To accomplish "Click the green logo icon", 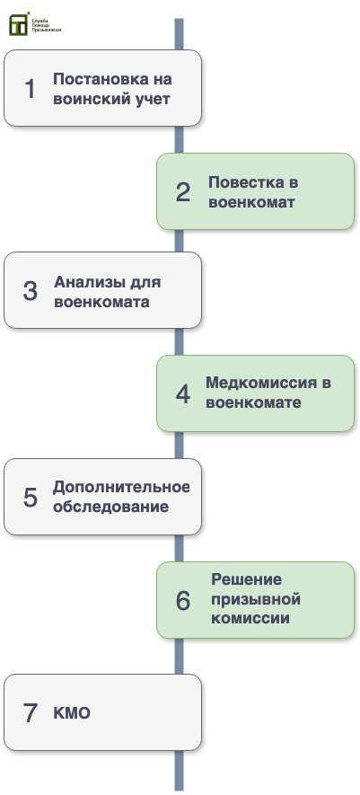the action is [x=19, y=24].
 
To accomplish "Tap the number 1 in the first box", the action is [x=31, y=89].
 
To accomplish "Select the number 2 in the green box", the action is [x=183, y=192].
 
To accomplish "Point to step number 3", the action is [x=31, y=291].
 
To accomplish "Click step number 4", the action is [x=183, y=394].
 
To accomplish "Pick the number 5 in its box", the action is [x=31, y=498].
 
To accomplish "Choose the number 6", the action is [x=183, y=601].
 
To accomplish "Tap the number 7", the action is [x=31, y=713].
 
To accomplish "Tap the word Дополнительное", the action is [x=121, y=487].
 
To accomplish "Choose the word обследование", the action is [x=111, y=507].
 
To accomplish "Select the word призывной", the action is [x=256, y=599].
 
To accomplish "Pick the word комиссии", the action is [x=250, y=619].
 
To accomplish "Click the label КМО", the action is [x=72, y=712].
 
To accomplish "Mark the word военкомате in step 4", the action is [x=253, y=402].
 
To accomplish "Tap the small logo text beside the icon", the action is [x=46, y=25].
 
